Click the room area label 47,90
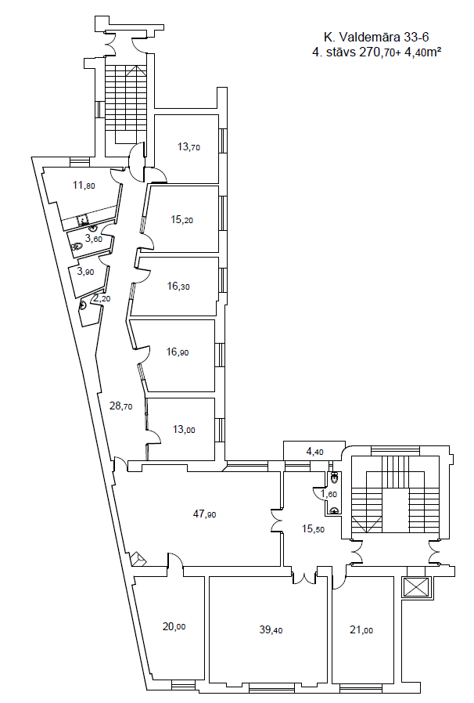pyautogui.click(x=204, y=514)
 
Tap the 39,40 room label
pyautogui.click(x=271, y=630)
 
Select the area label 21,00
pyautogui.click(x=361, y=630)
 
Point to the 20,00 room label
pyautogui.click(x=174, y=626)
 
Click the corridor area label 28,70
pyautogui.click(x=121, y=406)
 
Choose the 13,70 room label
pyautogui.click(x=189, y=146)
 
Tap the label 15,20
pyautogui.click(x=182, y=220)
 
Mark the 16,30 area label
pyautogui.click(x=178, y=286)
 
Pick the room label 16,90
pyautogui.click(x=178, y=352)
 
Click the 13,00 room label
pyautogui.click(x=184, y=430)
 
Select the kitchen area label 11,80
pyautogui.click(x=84, y=185)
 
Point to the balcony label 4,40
pyautogui.click(x=314, y=452)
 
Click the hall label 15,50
pyautogui.click(x=313, y=529)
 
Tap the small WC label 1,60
pyautogui.click(x=329, y=494)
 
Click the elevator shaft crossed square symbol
pyautogui.click(x=416, y=587)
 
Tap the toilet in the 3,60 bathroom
pyautogui.click(x=77, y=246)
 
